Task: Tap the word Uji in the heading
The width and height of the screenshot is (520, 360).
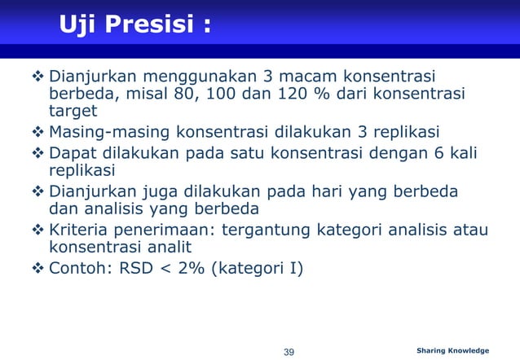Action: pyautogui.click(x=77, y=26)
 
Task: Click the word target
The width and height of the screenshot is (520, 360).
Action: pyautogui.click(x=73, y=111)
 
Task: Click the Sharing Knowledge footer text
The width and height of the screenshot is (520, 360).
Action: pyautogui.click(x=452, y=351)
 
